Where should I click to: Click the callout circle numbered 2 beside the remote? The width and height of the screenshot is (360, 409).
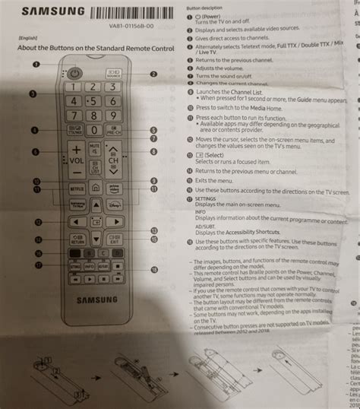point(153,74)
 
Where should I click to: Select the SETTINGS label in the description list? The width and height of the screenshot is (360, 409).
point(207,198)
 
